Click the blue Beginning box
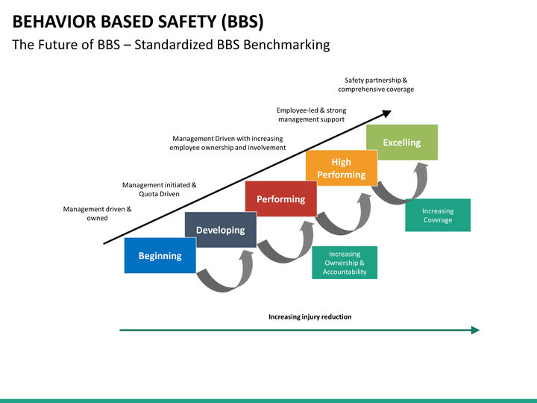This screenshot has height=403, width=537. (160, 256)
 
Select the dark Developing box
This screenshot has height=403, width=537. (220, 230)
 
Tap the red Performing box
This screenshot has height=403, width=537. (280, 199)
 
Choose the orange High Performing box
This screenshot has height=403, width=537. (341, 168)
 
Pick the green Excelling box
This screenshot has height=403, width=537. (401, 143)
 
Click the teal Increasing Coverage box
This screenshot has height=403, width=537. (438, 215)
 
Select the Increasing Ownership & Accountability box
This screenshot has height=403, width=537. (345, 263)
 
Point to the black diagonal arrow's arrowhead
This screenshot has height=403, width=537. (386, 113)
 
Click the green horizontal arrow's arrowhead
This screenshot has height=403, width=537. (475, 330)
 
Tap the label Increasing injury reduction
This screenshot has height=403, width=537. (310, 317)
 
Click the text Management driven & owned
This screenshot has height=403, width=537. (97, 213)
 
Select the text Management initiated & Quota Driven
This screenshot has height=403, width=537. (159, 189)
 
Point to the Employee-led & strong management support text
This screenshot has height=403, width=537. (311, 115)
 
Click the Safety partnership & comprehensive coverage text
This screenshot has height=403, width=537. (376, 84)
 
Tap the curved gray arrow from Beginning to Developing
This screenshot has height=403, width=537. (224, 276)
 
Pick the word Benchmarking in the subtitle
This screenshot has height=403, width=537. (289, 45)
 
